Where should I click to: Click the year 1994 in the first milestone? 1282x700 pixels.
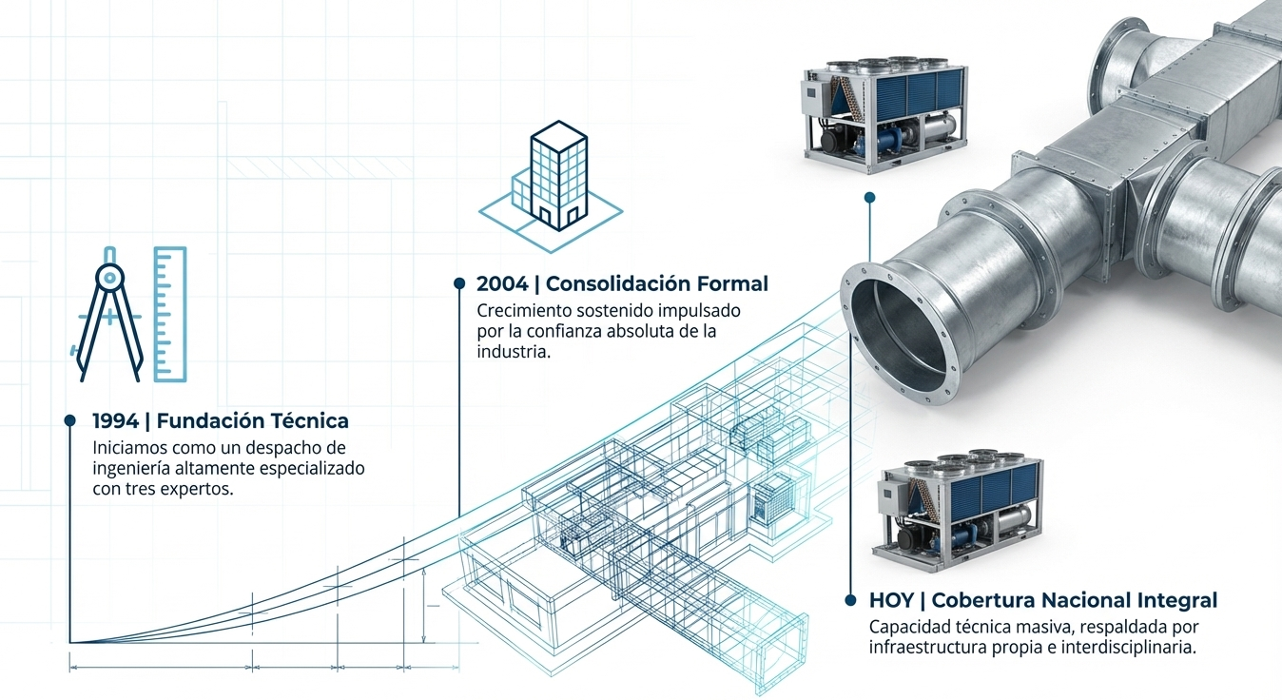coord(116,421)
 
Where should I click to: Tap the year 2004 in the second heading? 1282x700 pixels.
coord(502,283)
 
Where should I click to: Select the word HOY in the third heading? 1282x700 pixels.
coord(891,600)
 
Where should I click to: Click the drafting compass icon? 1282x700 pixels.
coord(109,314)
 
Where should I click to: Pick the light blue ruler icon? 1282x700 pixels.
coord(170,314)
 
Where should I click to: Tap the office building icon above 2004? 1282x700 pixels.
coord(551,186)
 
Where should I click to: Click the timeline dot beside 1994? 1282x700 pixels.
coord(69,420)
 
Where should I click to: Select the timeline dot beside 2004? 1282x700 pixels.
coord(459,283)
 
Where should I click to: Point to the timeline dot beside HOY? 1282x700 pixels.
coord(850,600)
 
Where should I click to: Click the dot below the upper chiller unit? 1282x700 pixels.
coord(869,198)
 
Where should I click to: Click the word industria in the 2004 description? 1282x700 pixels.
coord(514,352)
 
